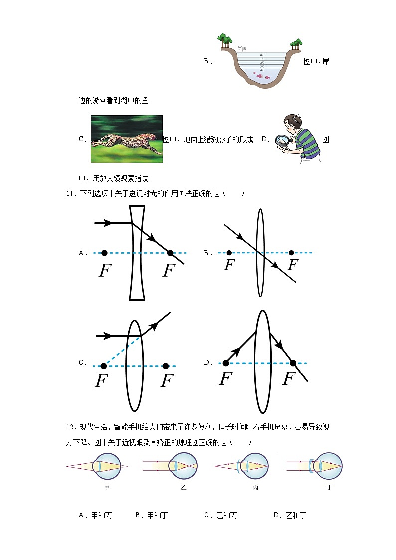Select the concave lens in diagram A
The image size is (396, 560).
[137, 253]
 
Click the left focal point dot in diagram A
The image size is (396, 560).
[104, 253]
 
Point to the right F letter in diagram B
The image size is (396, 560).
[292, 265]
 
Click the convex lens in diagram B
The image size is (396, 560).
[260, 253]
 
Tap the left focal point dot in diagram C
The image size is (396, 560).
[103, 366]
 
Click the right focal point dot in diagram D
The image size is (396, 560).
[293, 363]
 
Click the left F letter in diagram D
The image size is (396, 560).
[226, 379]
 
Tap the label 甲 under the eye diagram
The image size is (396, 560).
[107, 487]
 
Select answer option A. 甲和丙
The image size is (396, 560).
[95, 515]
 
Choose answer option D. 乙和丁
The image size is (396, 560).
[289, 515]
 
